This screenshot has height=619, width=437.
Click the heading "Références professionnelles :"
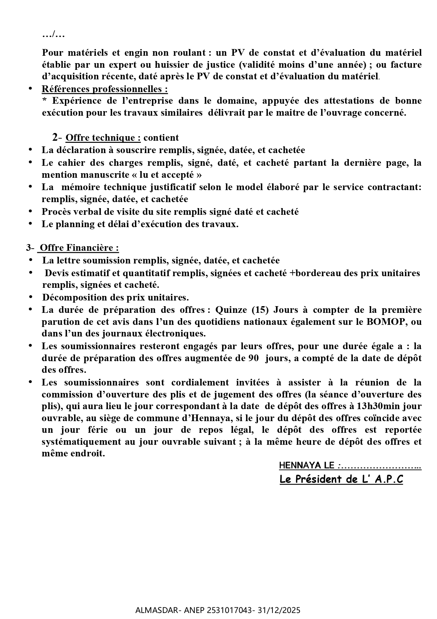[105, 89]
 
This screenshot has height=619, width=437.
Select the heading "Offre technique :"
[103, 138]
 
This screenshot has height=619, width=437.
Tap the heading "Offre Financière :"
[79, 248]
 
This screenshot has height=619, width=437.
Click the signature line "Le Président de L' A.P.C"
[341, 479]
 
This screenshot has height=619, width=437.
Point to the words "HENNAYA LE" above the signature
[307, 466]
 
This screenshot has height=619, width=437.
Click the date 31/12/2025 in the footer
[281, 610]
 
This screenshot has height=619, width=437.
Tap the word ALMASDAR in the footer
[152, 610]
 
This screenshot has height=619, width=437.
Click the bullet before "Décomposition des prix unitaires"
[30, 297]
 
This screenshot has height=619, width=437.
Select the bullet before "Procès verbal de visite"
[30, 212]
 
